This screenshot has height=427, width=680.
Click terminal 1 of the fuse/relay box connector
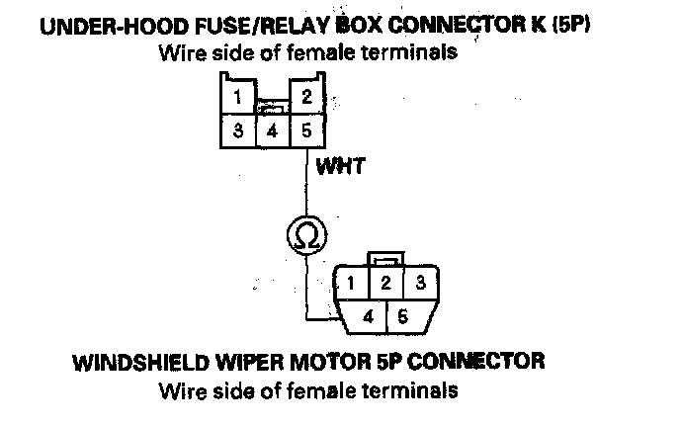tap(236, 98)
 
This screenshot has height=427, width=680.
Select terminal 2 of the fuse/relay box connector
tap(306, 98)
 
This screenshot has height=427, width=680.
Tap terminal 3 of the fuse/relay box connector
tap(237, 131)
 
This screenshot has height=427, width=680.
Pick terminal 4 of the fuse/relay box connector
tap(272, 131)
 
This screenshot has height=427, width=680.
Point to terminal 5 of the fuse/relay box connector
tap(306, 131)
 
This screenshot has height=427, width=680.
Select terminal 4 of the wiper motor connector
tap(369, 317)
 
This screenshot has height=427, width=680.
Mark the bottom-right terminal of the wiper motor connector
tap(403, 317)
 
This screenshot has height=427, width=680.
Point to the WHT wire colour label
tap(340, 167)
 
